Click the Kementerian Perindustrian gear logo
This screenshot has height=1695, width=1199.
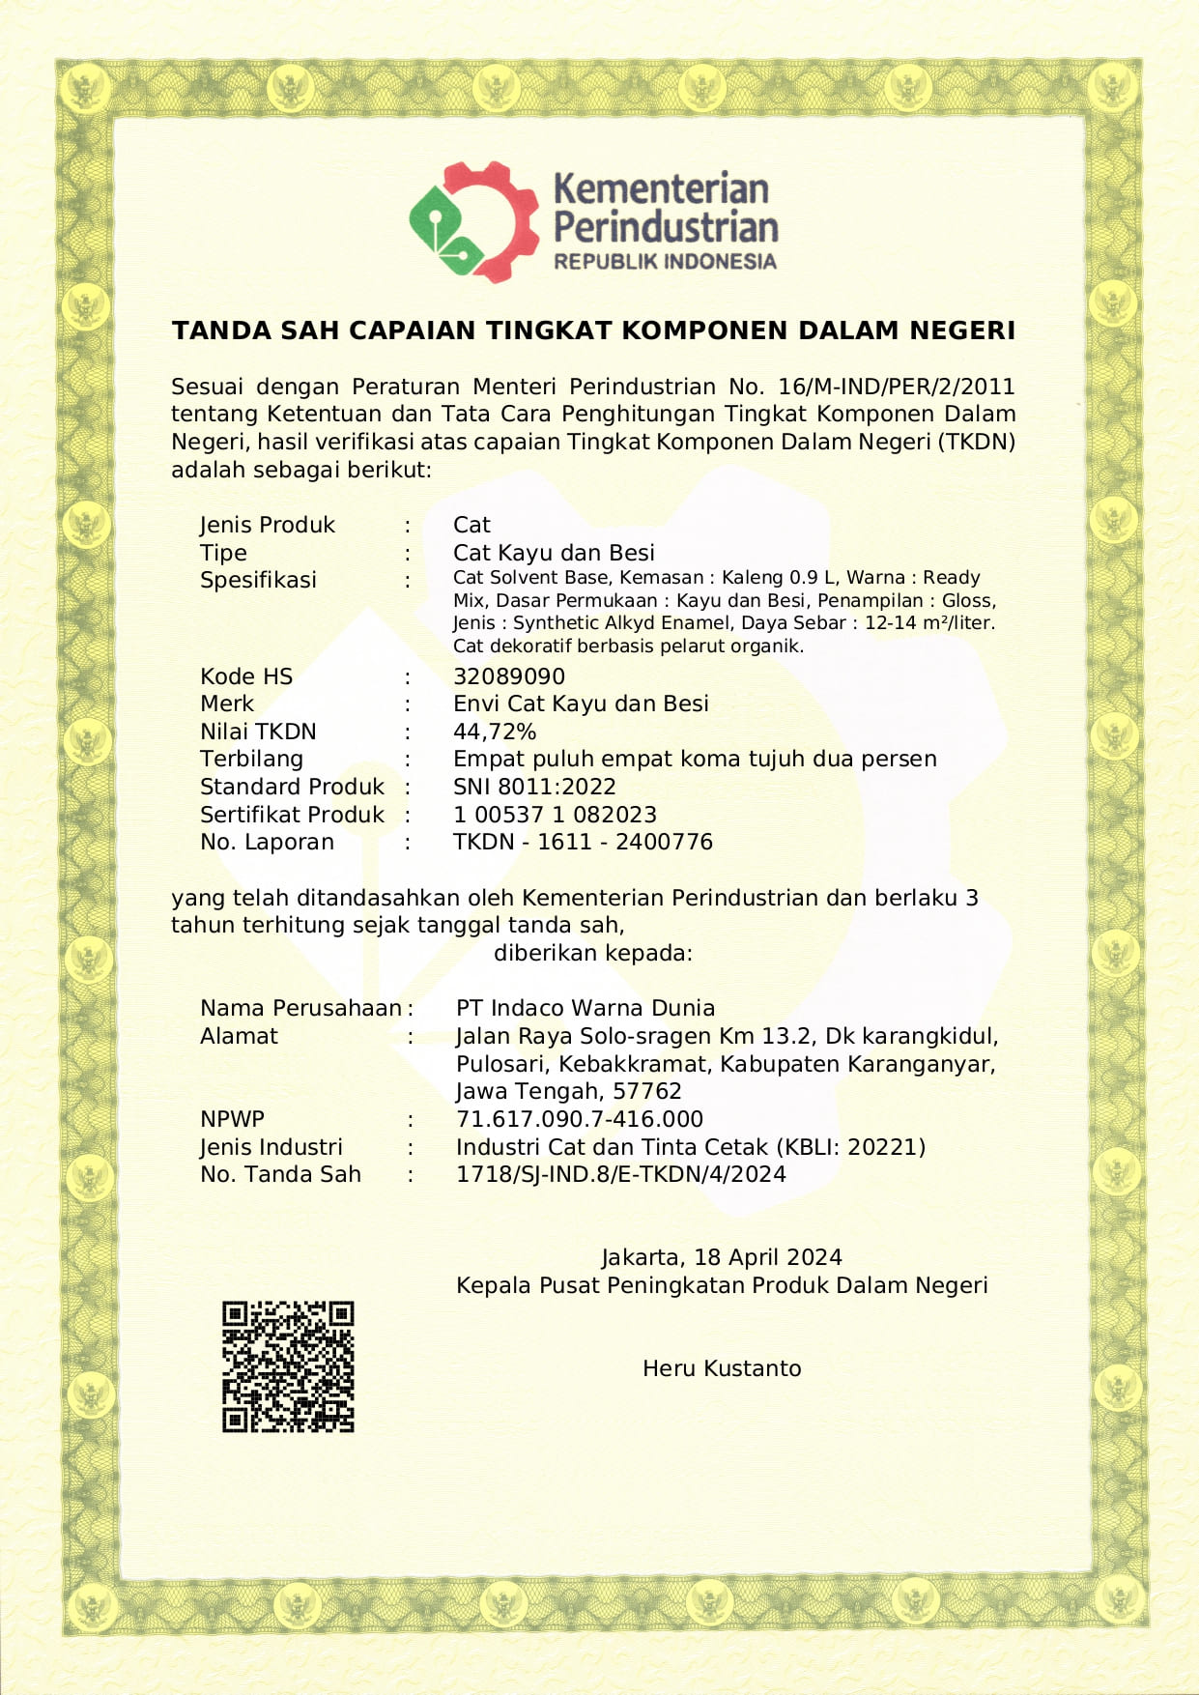pos(473,222)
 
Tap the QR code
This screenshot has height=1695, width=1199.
pos(288,1366)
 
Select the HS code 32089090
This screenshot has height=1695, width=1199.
pos(509,676)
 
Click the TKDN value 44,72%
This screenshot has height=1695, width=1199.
pos(495,732)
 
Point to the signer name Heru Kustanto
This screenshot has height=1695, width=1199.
pos(722,1368)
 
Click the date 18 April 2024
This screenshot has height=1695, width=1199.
pos(768,1257)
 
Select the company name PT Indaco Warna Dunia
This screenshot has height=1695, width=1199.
pos(585,1008)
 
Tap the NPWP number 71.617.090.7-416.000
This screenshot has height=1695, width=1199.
pos(580,1119)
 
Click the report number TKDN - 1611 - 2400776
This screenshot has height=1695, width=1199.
pos(583,842)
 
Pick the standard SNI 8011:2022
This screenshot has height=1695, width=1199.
pos(534,787)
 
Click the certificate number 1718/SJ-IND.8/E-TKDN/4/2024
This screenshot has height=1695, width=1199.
pos(621,1174)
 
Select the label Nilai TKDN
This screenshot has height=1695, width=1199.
pos(258,732)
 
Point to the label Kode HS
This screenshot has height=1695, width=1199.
pos(246,676)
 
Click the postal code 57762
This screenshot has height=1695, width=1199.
pos(648,1091)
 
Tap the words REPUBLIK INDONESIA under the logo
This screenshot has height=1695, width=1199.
pos(665,262)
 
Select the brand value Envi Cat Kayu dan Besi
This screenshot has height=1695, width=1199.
pos(581,704)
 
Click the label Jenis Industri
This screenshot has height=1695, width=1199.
pos(271,1147)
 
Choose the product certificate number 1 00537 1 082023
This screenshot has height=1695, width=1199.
pos(555,815)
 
